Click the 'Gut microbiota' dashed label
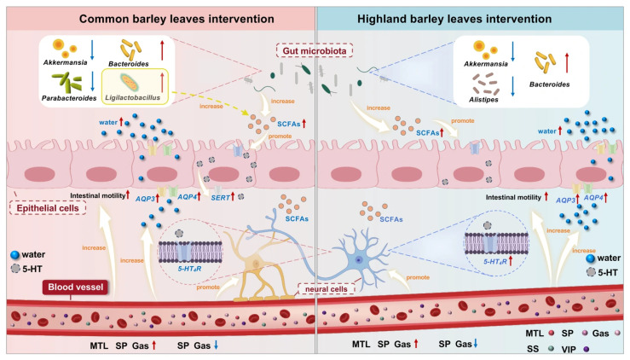(315, 51)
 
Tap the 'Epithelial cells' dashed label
(48, 208)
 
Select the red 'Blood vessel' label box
(76, 287)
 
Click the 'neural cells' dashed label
(327, 289)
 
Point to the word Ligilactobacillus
(133, 97)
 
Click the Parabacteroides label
(69, 98)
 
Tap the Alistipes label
(483, 99)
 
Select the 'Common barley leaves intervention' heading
(176, 19)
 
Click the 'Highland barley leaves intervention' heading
(454, 19)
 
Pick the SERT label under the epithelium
(220, 198)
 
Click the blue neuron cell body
(360, 259)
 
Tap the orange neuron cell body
(255, 264)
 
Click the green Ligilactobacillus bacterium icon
(130, 83)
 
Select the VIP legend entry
(575, 349)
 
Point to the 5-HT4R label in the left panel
(189, 268)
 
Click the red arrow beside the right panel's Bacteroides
(567, 63)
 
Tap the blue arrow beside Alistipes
(512, 86)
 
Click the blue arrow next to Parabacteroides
(92, 82)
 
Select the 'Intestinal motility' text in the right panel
(513, 198)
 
